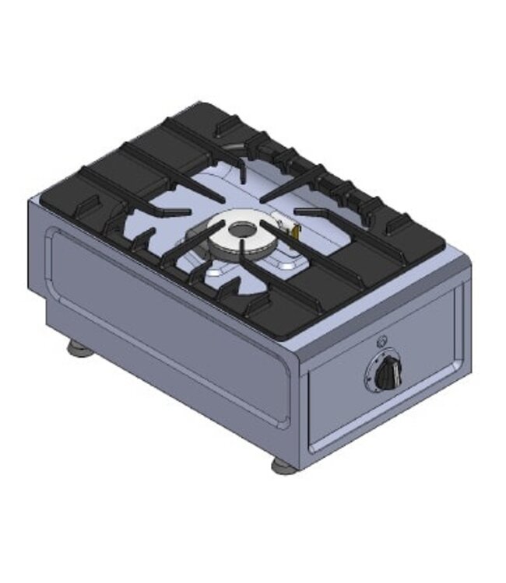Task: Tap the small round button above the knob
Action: [381, 340]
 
